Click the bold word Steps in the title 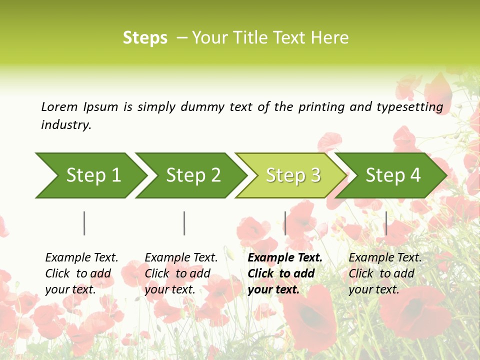[145, 38]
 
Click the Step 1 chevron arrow [90, 175]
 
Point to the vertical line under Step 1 [84, 223]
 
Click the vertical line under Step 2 [184, 223]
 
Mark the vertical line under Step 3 [285, 223]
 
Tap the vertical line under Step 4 [386, 223]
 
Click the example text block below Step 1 [81, 273]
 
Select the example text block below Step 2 [181, 273]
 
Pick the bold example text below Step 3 [285, 273]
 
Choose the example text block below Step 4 [385, 273]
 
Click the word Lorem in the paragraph [59, 106]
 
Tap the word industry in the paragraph [66, 125]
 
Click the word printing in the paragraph [316, 107]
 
